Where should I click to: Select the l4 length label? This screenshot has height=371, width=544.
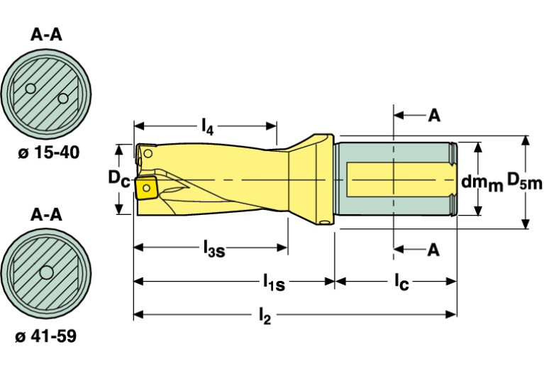[x=206, y=127]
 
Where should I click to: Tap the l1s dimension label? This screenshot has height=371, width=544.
[x=270, y=283]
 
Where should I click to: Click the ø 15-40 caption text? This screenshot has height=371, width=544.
[x=46, y=152]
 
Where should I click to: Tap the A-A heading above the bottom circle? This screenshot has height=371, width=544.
[x=46, y=214]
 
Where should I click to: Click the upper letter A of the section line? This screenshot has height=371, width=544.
[x=433, y=114]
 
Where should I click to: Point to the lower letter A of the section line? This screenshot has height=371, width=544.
[x=433, y=250]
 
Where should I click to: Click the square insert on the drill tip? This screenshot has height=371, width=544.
[x=147, y=188]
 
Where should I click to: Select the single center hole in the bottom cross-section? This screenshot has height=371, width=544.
[x=47, y=272]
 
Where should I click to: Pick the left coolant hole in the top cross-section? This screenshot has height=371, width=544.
[x=30, y=89]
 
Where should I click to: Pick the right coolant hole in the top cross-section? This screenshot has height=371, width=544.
[x=62, y=97]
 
